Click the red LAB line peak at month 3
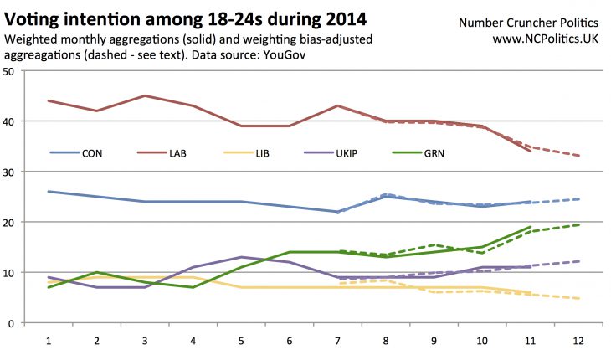click(x=146, y=96)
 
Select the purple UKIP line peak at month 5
click(x=242, y=257)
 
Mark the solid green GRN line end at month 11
click(x=531, y=227)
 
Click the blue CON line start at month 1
click(x=49, y=192)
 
